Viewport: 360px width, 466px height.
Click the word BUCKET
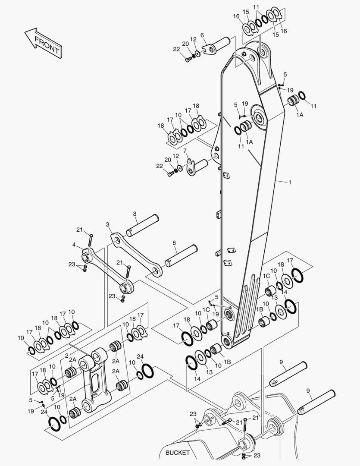(x=177, y=453)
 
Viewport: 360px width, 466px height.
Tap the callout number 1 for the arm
(x=290, y=183)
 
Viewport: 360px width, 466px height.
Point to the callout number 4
(x=74, y=245)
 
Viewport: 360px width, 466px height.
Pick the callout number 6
(x=202, y=35)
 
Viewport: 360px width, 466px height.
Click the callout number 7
(x=185, y=151)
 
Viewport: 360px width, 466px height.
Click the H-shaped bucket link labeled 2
(x=95, y=380)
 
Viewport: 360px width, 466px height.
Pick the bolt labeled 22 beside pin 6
(x=188, y=60)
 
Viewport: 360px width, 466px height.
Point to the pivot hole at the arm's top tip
(x=263, y=51)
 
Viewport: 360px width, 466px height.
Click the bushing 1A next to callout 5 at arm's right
(x=294, y=102)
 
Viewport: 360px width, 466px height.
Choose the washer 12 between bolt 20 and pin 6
(x=197, y=54)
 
